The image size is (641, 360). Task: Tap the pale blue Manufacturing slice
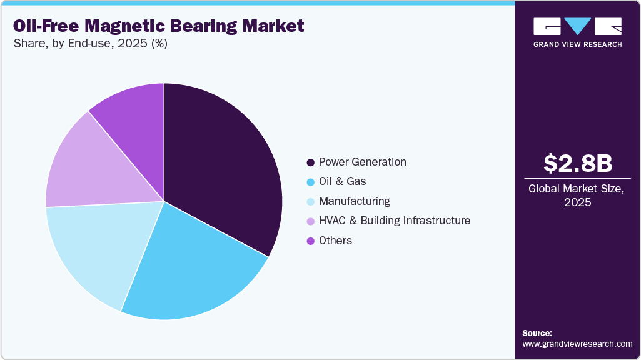click(x=94, y=250)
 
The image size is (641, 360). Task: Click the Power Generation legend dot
click(x=310, y=162)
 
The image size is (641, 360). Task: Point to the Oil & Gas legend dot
click(x=310, y=182)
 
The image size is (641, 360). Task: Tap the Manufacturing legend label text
click(x=354, y=201)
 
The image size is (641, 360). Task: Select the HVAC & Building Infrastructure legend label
click(x=394, y=221)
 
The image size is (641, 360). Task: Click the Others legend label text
click(x=335, y=241)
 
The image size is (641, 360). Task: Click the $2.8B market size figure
click(x=577, y=163)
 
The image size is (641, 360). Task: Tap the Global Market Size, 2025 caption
click(x=577, y=195)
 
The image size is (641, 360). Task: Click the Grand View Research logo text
click(x=577, y=44)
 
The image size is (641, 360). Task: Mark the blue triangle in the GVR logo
click(x=577, y=26)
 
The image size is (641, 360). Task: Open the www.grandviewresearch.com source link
click(x=577, y=344)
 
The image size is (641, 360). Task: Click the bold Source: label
click(x=537, y=333)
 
